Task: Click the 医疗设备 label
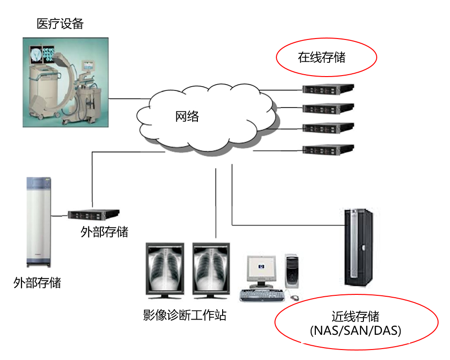point(60,23)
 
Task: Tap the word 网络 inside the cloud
point(187,116)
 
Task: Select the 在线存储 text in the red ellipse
point(322,58)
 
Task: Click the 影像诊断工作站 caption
point(185,315)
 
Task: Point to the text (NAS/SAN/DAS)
point(355,330)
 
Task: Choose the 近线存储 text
point(355,316)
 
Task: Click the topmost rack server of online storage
point(328,88)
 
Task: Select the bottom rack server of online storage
point(328,149)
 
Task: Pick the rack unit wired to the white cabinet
point(93,214)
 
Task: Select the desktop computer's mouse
point(295,298)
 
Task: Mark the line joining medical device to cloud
point(128,99)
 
